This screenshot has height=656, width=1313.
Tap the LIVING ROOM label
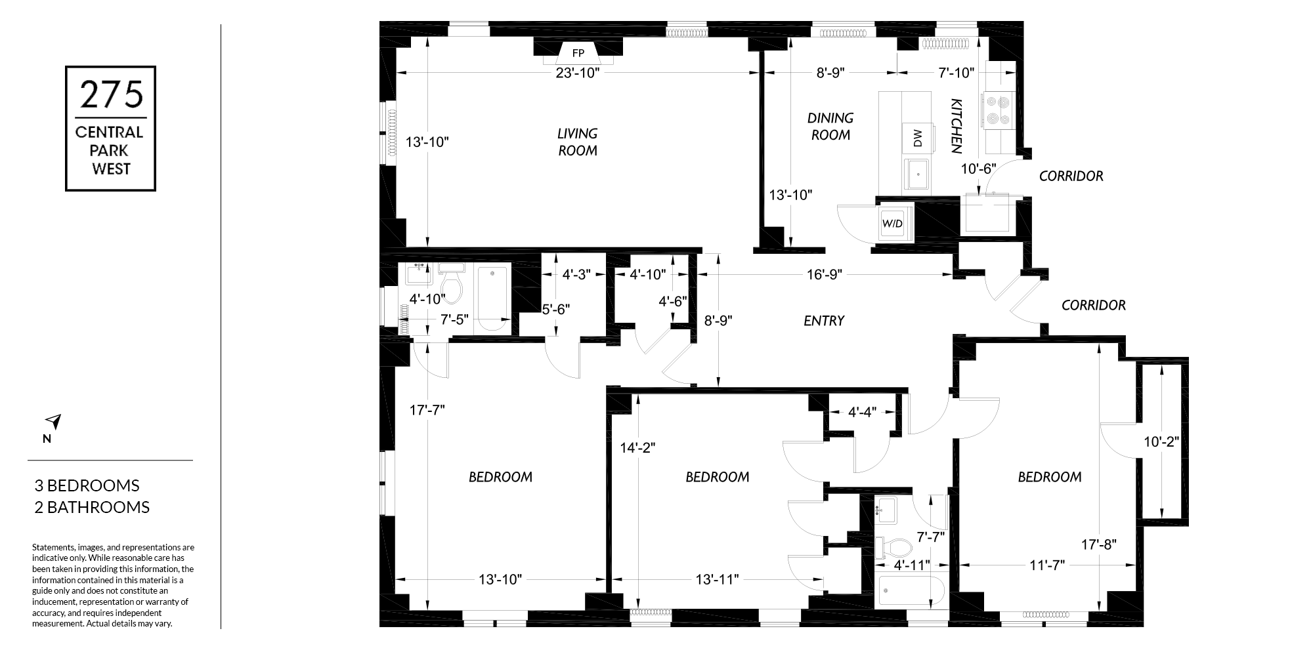click(x=578, y=142)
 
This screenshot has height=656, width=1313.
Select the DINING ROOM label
click(x=830, y=126)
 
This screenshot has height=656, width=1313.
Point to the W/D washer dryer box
click(x=893, y=223)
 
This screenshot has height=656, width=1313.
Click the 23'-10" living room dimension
click(x=578, y=73)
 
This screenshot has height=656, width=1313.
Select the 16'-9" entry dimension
click(x=824, y=274)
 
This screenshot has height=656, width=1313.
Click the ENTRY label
click(x=824, y=321)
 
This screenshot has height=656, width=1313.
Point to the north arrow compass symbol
click(x=53, y=422)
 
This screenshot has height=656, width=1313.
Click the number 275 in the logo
click(x=111, y=94)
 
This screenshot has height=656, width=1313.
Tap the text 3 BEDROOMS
click(x=87, y=485)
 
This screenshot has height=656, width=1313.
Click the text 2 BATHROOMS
click(x=92, y=507)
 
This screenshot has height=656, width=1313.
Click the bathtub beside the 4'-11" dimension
click(x=911, y=590)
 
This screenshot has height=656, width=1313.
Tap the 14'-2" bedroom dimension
click(x=638, y=447)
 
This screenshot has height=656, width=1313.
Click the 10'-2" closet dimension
click(x=1161, y=442)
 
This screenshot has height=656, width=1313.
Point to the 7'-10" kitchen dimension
click(x=956, y=73)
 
